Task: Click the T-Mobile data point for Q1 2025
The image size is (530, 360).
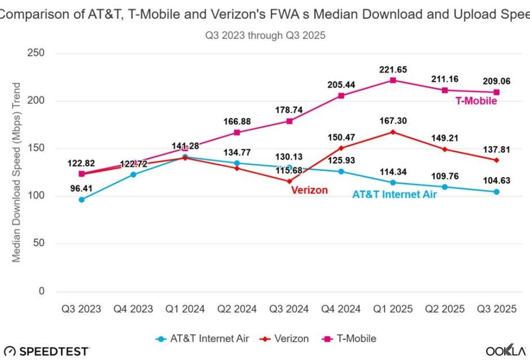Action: tap(392, 80)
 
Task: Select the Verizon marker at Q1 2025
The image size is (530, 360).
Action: tap(392, 132)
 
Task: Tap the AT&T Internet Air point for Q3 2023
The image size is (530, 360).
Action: tap(82, 199)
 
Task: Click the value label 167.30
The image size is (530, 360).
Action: tap(392, 121)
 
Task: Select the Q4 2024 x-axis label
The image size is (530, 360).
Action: tap(341, 309)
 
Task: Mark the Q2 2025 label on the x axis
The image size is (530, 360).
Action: tap(444, 309)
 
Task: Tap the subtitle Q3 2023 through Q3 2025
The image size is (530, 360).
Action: tap(265, 35)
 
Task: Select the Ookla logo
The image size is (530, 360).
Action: tap(506, 350)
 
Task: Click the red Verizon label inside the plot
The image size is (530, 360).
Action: tap(309, 190)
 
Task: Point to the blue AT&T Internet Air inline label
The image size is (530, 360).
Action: tap(395, 194)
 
